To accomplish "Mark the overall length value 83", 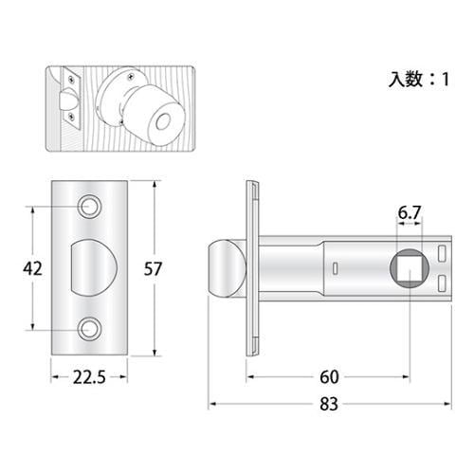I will pyautogui.click(x=328, y=405).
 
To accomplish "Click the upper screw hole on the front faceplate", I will pyautogui.click(x=91, y=205).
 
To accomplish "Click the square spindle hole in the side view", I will pyautogui.click(x=410, y=269).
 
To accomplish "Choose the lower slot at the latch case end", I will pyautogui.click(x=444, y=285).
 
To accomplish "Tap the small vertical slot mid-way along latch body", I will pyautogui.click(x=337, y=269).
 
